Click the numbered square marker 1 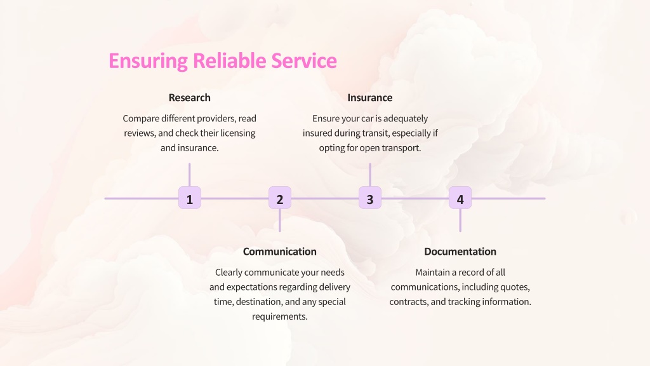pos(189,198)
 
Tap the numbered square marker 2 pos(280,198)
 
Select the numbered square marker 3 pos(370,198)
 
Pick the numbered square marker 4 pos(460,198)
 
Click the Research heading pos(189,97)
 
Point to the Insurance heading pos(370,97)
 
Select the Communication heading pos(280,252)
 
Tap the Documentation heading pos(460,252)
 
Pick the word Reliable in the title pos(230,60)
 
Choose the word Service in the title pos(304,60)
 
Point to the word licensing pos(238,133)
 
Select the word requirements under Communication pos(280,316)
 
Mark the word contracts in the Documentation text pos(409,302)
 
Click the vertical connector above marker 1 pos(189,175)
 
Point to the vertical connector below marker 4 pos(460,220)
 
